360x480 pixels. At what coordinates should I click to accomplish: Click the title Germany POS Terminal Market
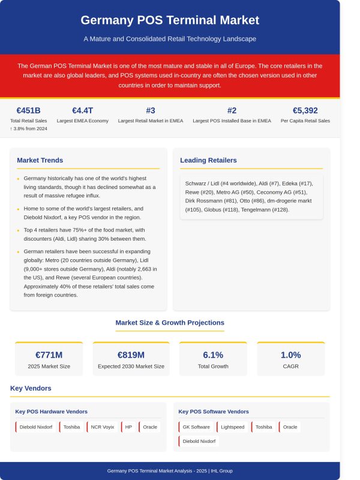point(170,20)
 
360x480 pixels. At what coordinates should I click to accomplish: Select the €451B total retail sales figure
point(28,110)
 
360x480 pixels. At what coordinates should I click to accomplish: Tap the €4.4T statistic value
point(82,110)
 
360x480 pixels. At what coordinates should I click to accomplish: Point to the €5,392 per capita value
point(305,110)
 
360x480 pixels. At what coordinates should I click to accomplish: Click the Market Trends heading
point(40,160)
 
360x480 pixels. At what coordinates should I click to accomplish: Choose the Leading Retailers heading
point(208,160)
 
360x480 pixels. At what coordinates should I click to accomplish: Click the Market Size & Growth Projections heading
point(170,323)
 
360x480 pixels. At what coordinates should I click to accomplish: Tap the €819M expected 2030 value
point(131,355)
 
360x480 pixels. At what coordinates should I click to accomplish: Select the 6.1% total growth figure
point(213,355)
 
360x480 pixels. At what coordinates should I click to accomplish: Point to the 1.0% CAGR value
point(291,355)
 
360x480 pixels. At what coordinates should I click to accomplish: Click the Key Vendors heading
point(31,388)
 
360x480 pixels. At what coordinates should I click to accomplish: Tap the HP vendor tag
point(128,427)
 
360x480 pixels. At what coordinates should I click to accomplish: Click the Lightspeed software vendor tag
point(232,427)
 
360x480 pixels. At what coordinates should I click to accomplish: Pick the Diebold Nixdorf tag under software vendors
point(198,442)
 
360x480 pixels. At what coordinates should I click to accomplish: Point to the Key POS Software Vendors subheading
point(214,412)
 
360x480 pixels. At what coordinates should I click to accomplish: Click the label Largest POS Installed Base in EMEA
point(232,121)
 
